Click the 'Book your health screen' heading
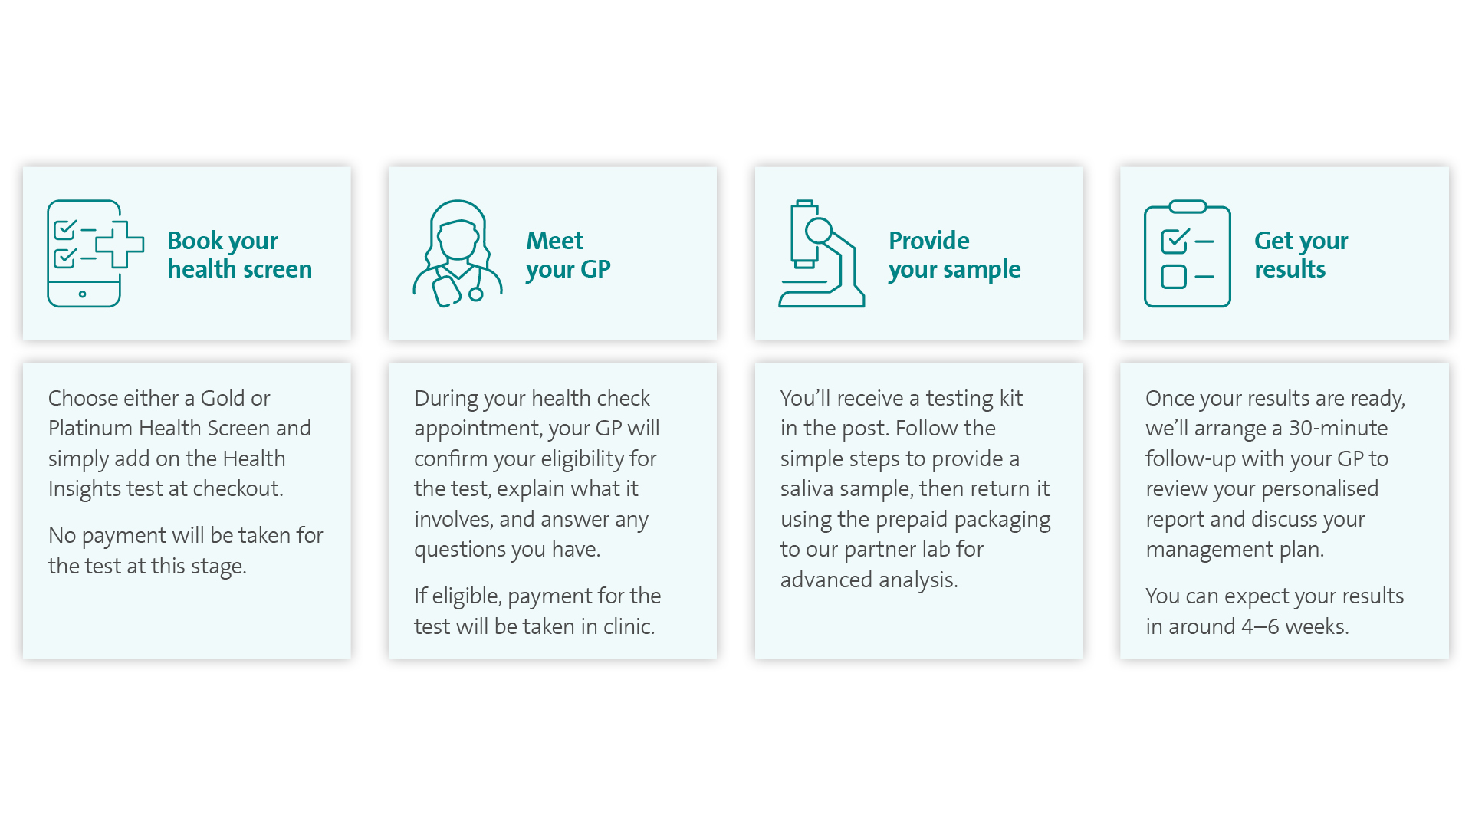239,255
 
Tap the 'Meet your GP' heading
568,255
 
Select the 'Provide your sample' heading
955,255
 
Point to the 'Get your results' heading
1301,255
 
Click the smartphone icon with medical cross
95,254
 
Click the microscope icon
822,254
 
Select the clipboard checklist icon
1187,254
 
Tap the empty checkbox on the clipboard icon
1174,277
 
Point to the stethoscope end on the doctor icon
476,294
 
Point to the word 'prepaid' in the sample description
912,520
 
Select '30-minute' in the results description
1338,428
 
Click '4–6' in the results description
1260,626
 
